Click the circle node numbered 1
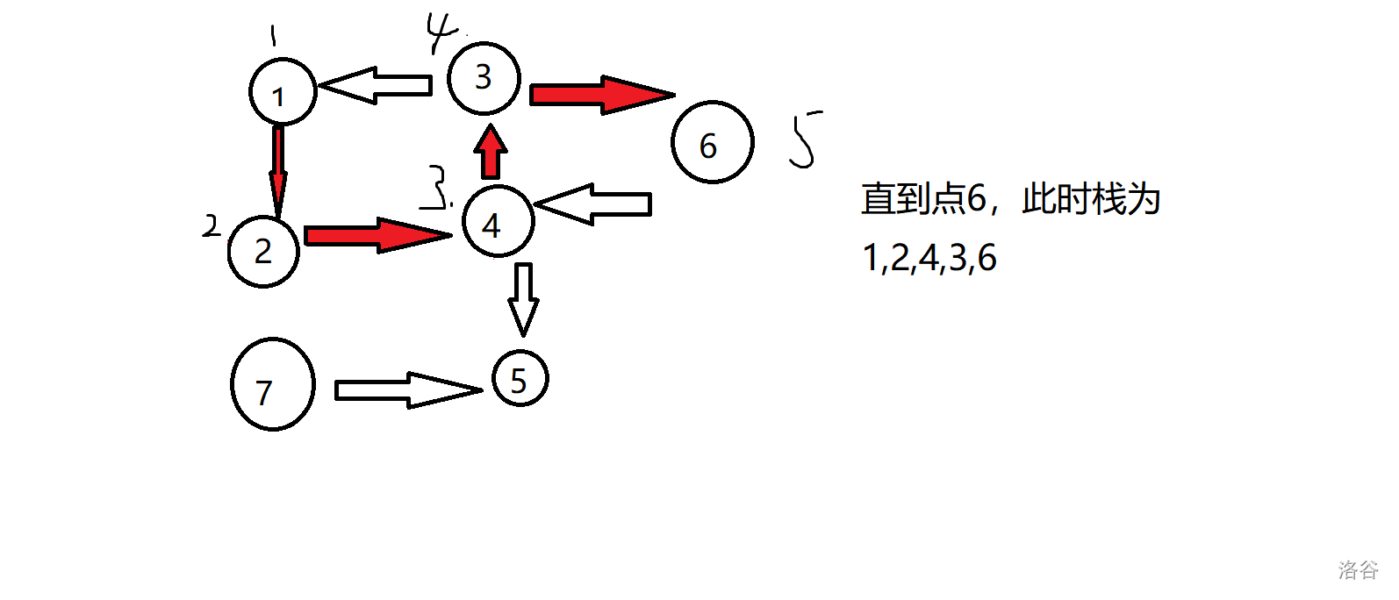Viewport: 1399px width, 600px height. pyautogui.click(x=283, y=92)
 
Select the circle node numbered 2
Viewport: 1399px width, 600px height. pyautogui.click(x=263, y=251)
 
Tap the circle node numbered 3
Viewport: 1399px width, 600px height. pyautogui.click(x=484, y=78)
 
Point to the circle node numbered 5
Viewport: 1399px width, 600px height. pyautogui.click(x=520, y=379)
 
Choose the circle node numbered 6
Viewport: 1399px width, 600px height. pyautogui.click(x=712, y=142)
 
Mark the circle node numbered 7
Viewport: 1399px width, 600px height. pyautogui.click(x=273, y=384)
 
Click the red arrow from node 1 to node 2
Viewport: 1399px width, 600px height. pyautogui.click(x=278, y=170)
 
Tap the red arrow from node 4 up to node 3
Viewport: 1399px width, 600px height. pyautogui.click(x=491, y=153)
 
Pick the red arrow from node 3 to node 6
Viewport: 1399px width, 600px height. pyautogui.click(x=600, y=94)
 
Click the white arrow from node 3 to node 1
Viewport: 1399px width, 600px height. pyautogui.click(x=376, y=85)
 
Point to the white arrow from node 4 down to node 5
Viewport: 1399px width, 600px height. pyautogui.click(x=523, y=298)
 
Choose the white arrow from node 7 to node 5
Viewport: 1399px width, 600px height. pyautogui.click(x=407, y=389)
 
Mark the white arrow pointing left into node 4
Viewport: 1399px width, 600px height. pyautogui.click(x=593, y=204)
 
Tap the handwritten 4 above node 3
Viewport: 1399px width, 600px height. pyautogui.click(x=441, y=33)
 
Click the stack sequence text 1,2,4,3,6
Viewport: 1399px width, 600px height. pyautogui.click(x=929, y=258)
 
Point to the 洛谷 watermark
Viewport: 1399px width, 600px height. pyautogui.click(x=1358, y=570)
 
